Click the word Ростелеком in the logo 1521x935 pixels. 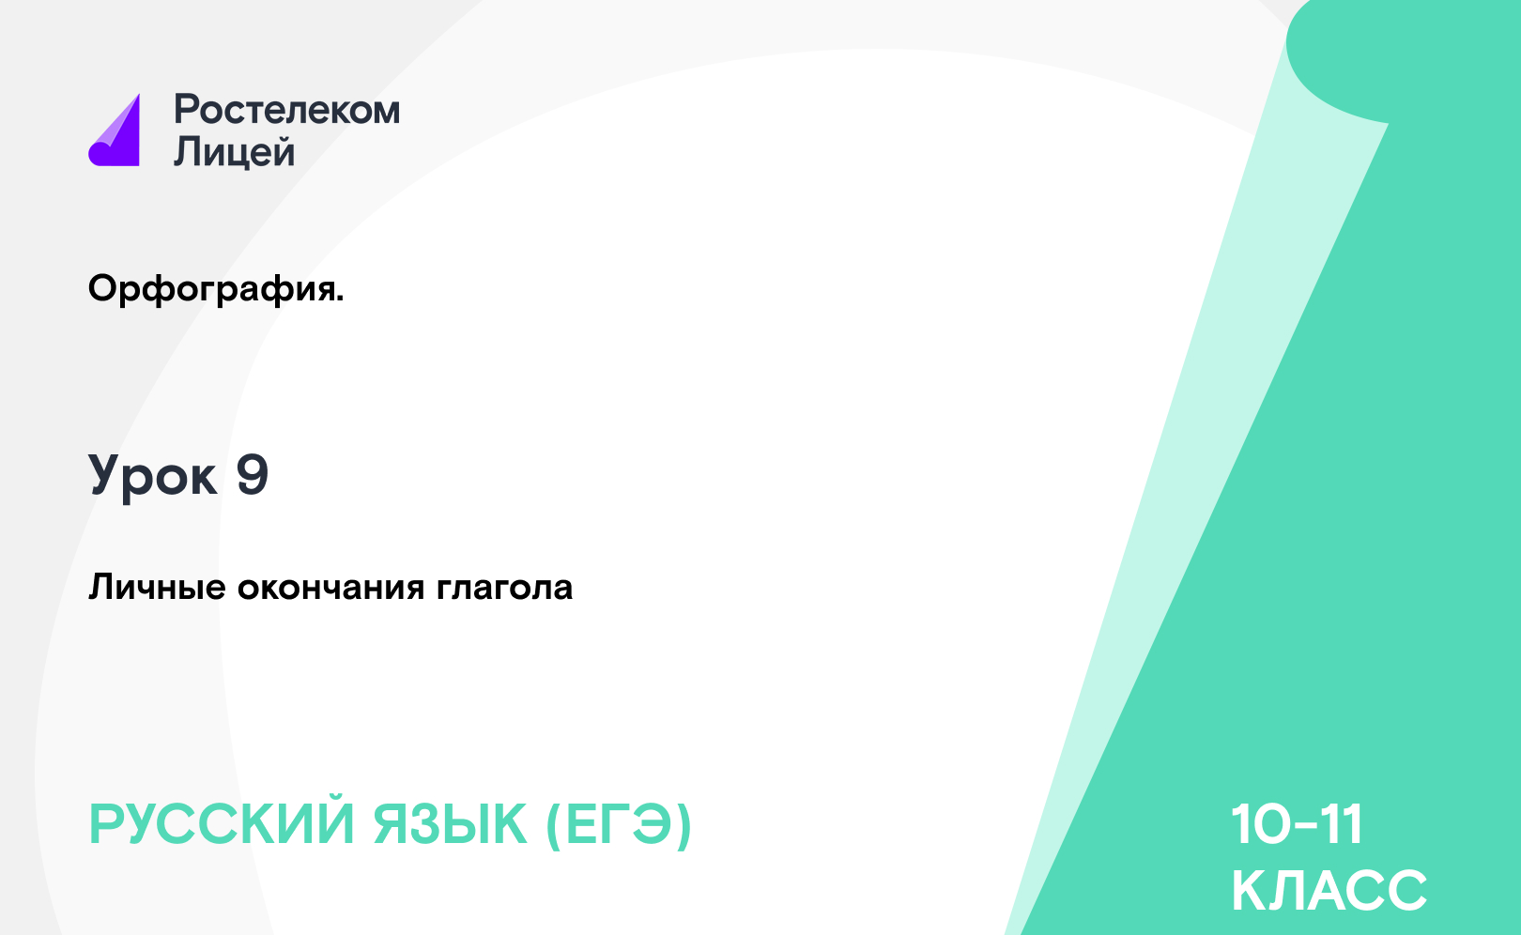point(287,110)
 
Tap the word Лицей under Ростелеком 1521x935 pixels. point(235,152)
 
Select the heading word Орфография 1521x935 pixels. point(212,290)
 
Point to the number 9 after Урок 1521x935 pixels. point(253,474)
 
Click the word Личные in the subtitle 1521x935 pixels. point(157,588)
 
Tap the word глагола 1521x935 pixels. point(504,588)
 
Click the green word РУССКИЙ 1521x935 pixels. point(222,824)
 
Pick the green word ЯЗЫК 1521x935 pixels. point(450,824)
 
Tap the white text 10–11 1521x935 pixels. point(1297,824)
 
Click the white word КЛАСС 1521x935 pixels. point(1329,890)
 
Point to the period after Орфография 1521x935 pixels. point(340,299)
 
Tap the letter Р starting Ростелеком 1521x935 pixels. point(187,109)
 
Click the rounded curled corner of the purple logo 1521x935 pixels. point(100,153)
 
